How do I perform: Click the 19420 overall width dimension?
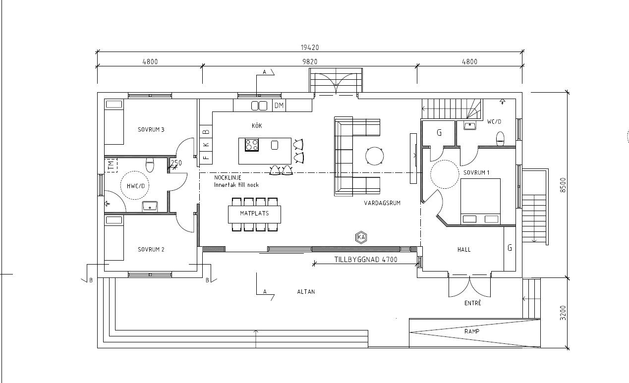(310, 48)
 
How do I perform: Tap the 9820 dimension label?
(310, 62)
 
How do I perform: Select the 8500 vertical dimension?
(563, 185)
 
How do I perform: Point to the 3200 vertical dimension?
(563, 313)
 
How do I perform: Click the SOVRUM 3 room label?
(151, 130)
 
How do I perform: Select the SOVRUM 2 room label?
(151, 250)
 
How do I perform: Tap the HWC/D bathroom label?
(136, 186)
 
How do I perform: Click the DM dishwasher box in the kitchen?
(279, 106)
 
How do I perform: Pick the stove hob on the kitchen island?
(252, 145)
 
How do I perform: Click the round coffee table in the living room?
(375, 156)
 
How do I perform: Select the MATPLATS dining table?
(254, 215)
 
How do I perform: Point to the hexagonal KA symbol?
(361, 237)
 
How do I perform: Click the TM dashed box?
(111, 165)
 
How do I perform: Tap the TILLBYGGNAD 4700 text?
(366, 260)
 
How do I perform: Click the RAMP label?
(472, 331)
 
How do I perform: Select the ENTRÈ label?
(473, 303)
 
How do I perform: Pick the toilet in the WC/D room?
(501, 139)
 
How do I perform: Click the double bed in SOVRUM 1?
(480, 201)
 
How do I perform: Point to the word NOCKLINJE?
(228, 178)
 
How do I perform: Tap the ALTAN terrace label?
(306, 292)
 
